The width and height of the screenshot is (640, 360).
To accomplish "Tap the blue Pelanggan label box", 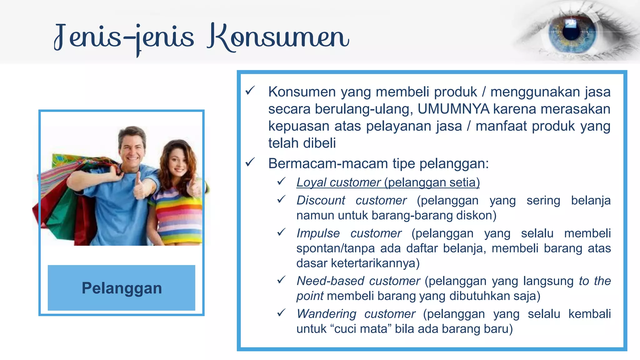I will click(x=122, y=288).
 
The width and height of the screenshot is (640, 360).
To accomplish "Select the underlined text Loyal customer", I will click(x=338, y=182).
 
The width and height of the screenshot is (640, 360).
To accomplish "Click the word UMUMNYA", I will click(x=453, y=109).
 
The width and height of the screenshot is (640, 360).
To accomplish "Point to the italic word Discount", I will click(x=321, y=200).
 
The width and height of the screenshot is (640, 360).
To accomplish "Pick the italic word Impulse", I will click(x=318, y=233).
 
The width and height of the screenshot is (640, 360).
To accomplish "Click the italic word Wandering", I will click(x=326, y=314).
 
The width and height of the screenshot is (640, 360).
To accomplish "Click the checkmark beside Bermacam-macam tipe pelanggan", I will click(x=250, y=162).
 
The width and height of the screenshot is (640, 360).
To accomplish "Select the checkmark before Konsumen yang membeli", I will click(x=250, y=91).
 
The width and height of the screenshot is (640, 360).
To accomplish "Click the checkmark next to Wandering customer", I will click(x=281, y=313).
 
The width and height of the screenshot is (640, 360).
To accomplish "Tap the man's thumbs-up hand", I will click(x=139, y=187).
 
